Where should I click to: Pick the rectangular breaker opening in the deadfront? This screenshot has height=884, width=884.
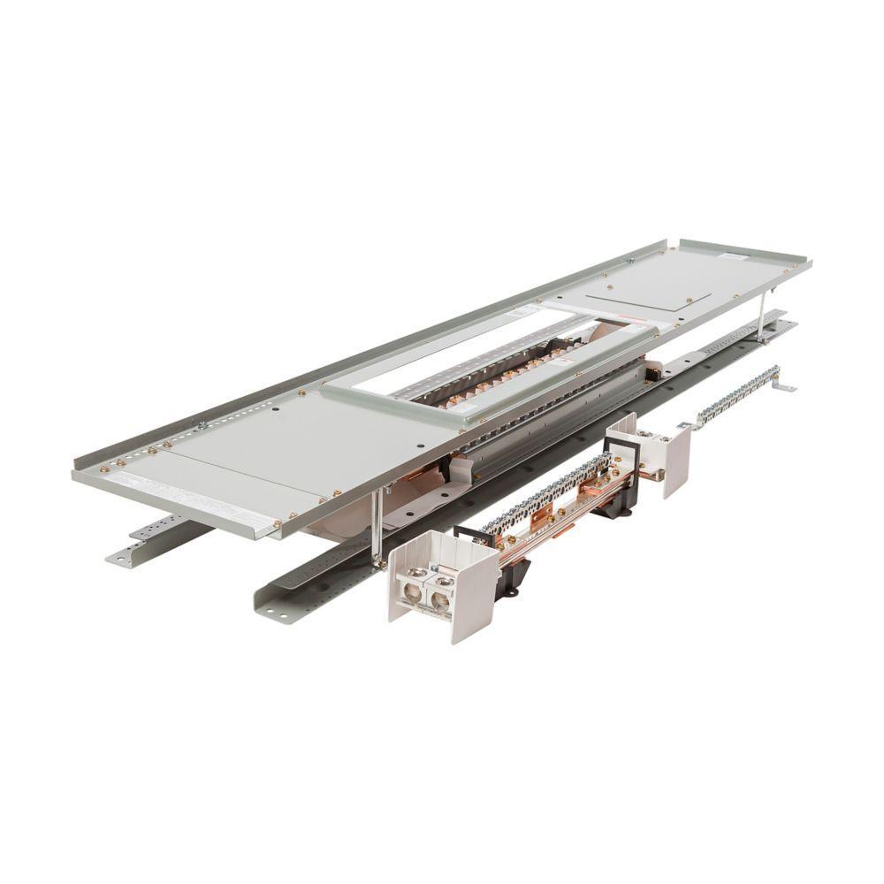point(495,362)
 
